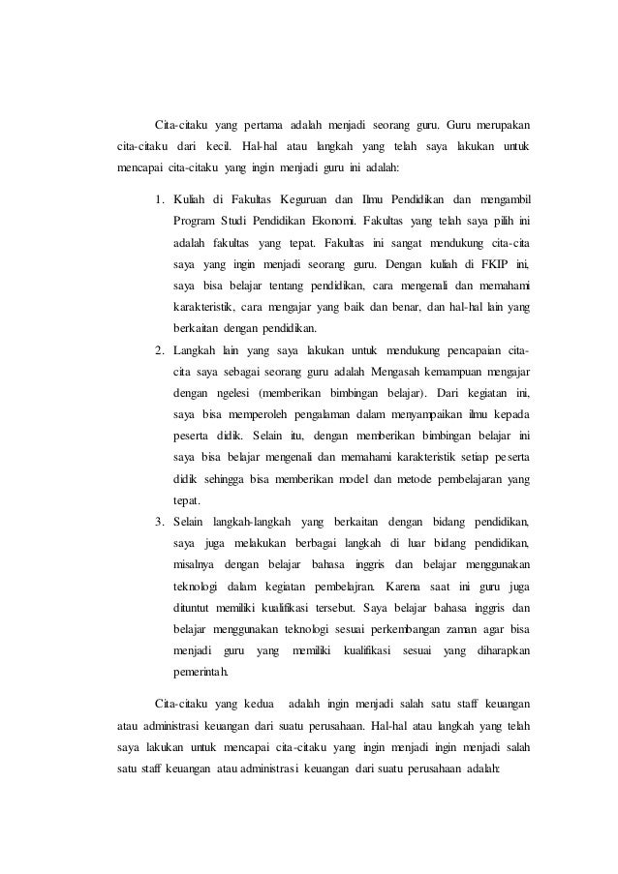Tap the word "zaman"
click(x=423, y=629)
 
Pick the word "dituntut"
click(x=199, y=608)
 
